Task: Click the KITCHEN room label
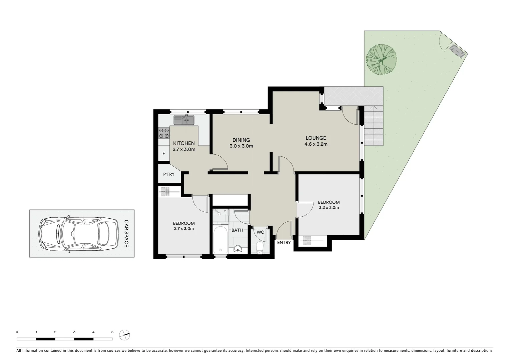184,143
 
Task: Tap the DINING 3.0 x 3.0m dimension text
241,146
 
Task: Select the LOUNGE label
316,138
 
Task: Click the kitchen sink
184,120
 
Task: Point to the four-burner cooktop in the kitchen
164,133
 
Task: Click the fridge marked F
163,154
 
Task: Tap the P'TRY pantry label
169,174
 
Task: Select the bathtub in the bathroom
220,239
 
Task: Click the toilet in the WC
260,247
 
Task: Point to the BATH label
237,230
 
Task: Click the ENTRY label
284,243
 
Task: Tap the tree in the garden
381,60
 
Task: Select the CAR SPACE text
126,233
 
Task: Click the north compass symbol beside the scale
124,335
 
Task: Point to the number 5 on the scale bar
112,332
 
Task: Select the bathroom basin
238,248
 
